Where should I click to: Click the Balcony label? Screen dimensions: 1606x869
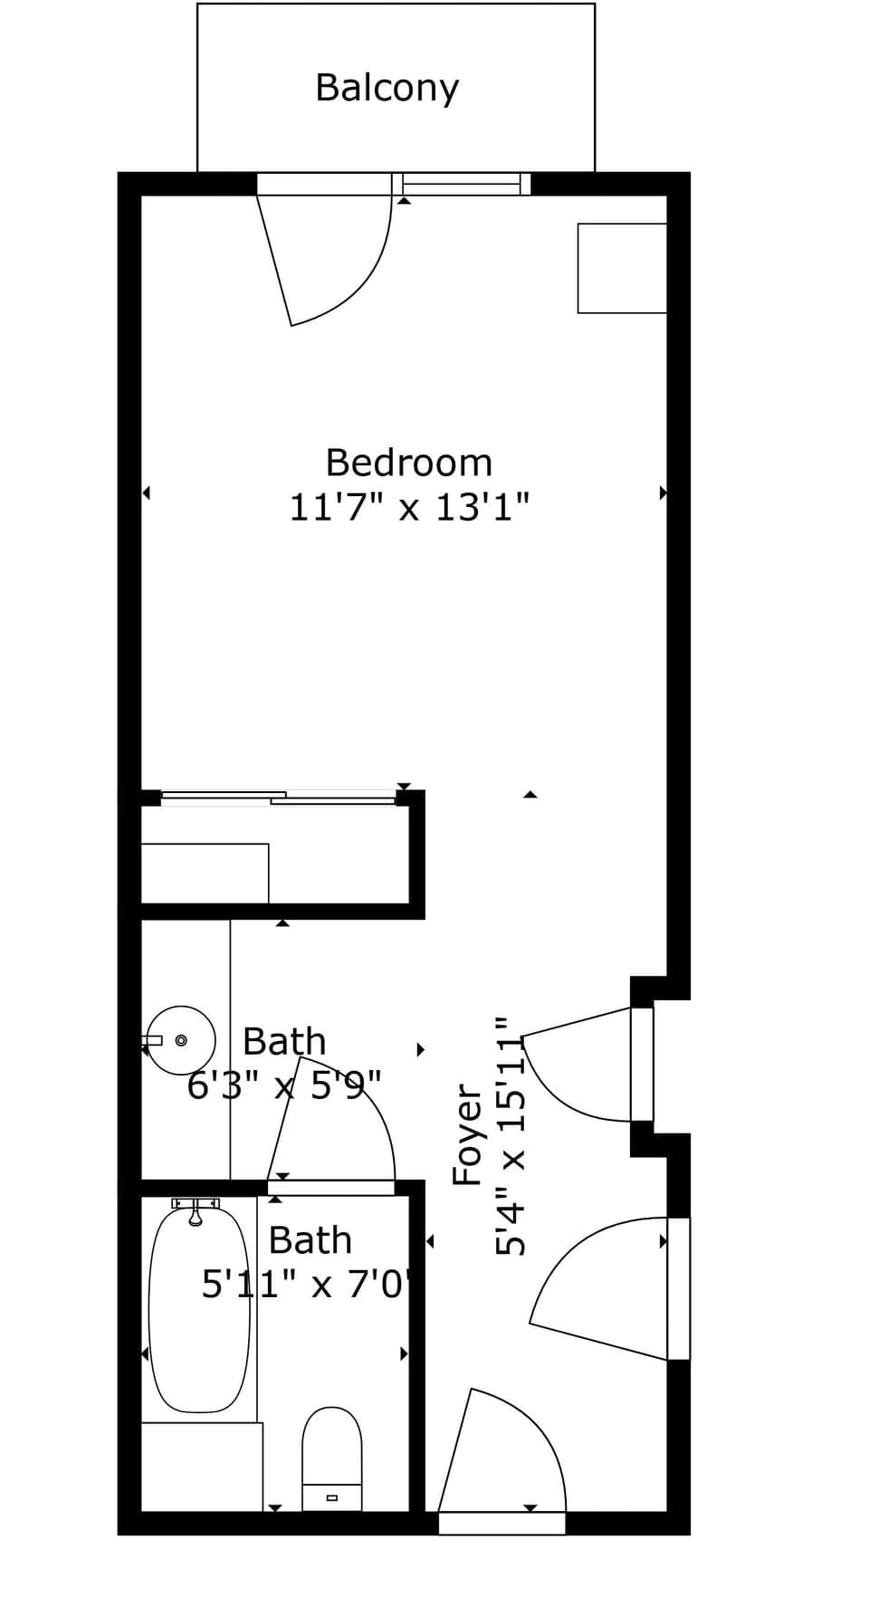click(x=387, y=88)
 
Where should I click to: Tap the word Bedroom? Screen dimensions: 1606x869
click(x=409, y=463)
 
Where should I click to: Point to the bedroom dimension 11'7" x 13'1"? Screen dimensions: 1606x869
click(x=409, y=507)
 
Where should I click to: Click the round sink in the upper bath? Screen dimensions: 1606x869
click(x=181, y=1040)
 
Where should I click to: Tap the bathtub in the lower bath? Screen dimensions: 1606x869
click(x=199, y=1309)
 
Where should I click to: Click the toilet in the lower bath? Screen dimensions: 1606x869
click(x=331, y=1458)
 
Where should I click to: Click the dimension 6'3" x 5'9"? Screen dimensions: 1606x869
click(x=284, y=1084)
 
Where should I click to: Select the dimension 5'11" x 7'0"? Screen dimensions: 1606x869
click(x=308, y=1284)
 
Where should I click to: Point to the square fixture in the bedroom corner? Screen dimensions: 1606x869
click(x=622, y=268)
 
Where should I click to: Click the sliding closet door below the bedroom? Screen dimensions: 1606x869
click(x=278, y=798)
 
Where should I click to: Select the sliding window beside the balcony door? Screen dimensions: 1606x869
click(x=462, y=184)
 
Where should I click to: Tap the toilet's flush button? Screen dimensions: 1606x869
click(x=331, y=1497)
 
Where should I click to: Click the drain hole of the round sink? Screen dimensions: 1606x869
click(x=181, y=1040)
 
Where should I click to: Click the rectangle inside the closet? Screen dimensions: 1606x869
click(x=205, y=873)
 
